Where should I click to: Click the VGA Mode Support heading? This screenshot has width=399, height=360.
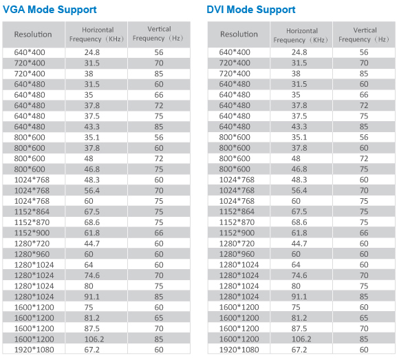[x=50, y=10]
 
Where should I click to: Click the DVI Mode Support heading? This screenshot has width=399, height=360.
[x=251, y=10]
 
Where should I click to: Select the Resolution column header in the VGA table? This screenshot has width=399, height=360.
[x=33, y=34]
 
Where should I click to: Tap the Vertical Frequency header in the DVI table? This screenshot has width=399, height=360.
[x=364, y=34]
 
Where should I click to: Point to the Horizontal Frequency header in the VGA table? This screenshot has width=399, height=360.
[x=97, y=34]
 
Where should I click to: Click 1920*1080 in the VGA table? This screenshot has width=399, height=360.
[x=34, y=350]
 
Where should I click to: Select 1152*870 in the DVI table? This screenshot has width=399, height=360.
[x=237, y=222]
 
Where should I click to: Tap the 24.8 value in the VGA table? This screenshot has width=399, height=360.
[x=92, y=52]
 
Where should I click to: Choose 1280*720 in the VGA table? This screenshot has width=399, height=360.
[x=32, y=244]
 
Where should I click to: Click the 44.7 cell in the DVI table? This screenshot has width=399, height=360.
[x=299, y=244]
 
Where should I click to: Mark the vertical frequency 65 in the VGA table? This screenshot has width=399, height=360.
[x=159, y=318]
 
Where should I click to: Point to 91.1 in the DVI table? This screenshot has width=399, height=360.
[x=299, y=297]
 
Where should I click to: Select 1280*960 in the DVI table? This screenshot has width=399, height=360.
[x=237, y=254]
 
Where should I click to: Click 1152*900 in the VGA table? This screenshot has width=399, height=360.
[x=32, y=233]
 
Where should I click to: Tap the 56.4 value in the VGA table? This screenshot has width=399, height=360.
[x=92, y=191]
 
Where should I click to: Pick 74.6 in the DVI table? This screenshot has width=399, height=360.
[x=299, y=275]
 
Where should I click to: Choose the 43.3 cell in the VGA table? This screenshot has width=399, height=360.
[x=92, y=127]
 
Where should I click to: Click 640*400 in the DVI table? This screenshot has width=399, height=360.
[x=235, y=52]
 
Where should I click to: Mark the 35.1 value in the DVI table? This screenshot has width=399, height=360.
[x=299, y=138]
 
